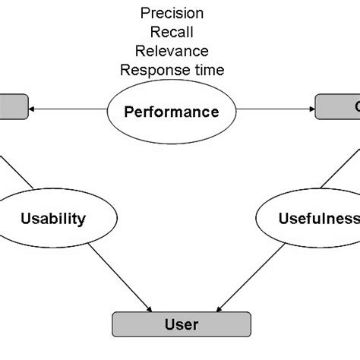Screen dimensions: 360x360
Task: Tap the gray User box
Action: point(181,324)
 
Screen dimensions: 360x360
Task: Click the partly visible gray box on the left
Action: point(14,107)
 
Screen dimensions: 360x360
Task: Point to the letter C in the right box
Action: point(354,107)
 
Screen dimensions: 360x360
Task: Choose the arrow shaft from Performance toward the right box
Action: point(273,109)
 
